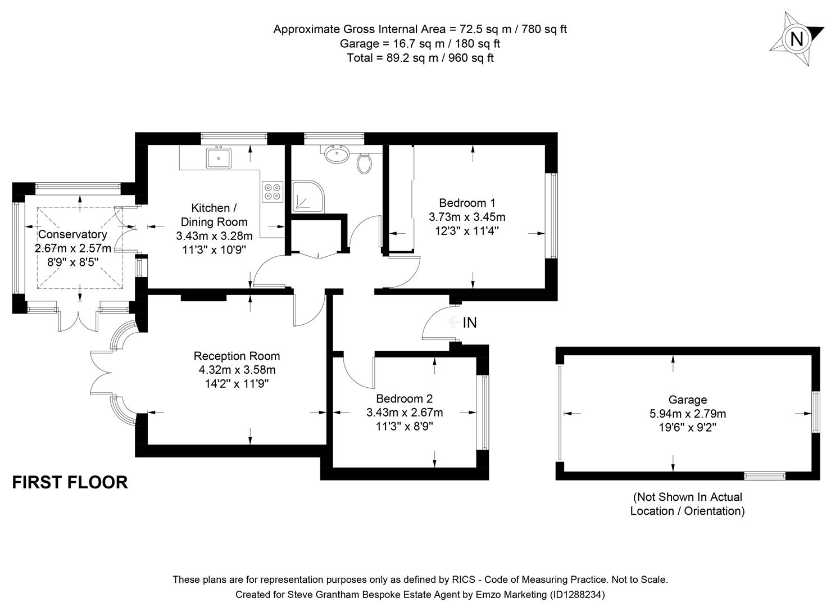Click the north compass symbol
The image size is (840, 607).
pos(796,39)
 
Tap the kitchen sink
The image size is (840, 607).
pos(219,158)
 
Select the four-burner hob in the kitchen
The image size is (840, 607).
pos(273,192)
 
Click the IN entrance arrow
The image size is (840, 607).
pos(453,323)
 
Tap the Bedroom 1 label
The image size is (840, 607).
pos(467,203)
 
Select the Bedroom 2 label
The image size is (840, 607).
pos(405,398)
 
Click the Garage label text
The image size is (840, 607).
pos(687,400)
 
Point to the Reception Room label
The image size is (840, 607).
pos(237,356)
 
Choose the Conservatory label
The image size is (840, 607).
pos(72,234)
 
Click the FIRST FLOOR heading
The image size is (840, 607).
pos(70,482)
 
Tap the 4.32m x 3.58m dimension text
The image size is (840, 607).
pos(237,370)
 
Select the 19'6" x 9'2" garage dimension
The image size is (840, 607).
pos(687,428)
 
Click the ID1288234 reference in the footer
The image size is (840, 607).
pos(576,594)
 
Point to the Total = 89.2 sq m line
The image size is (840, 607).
pos(420,57)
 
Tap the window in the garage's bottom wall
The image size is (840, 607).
pos(764,476)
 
